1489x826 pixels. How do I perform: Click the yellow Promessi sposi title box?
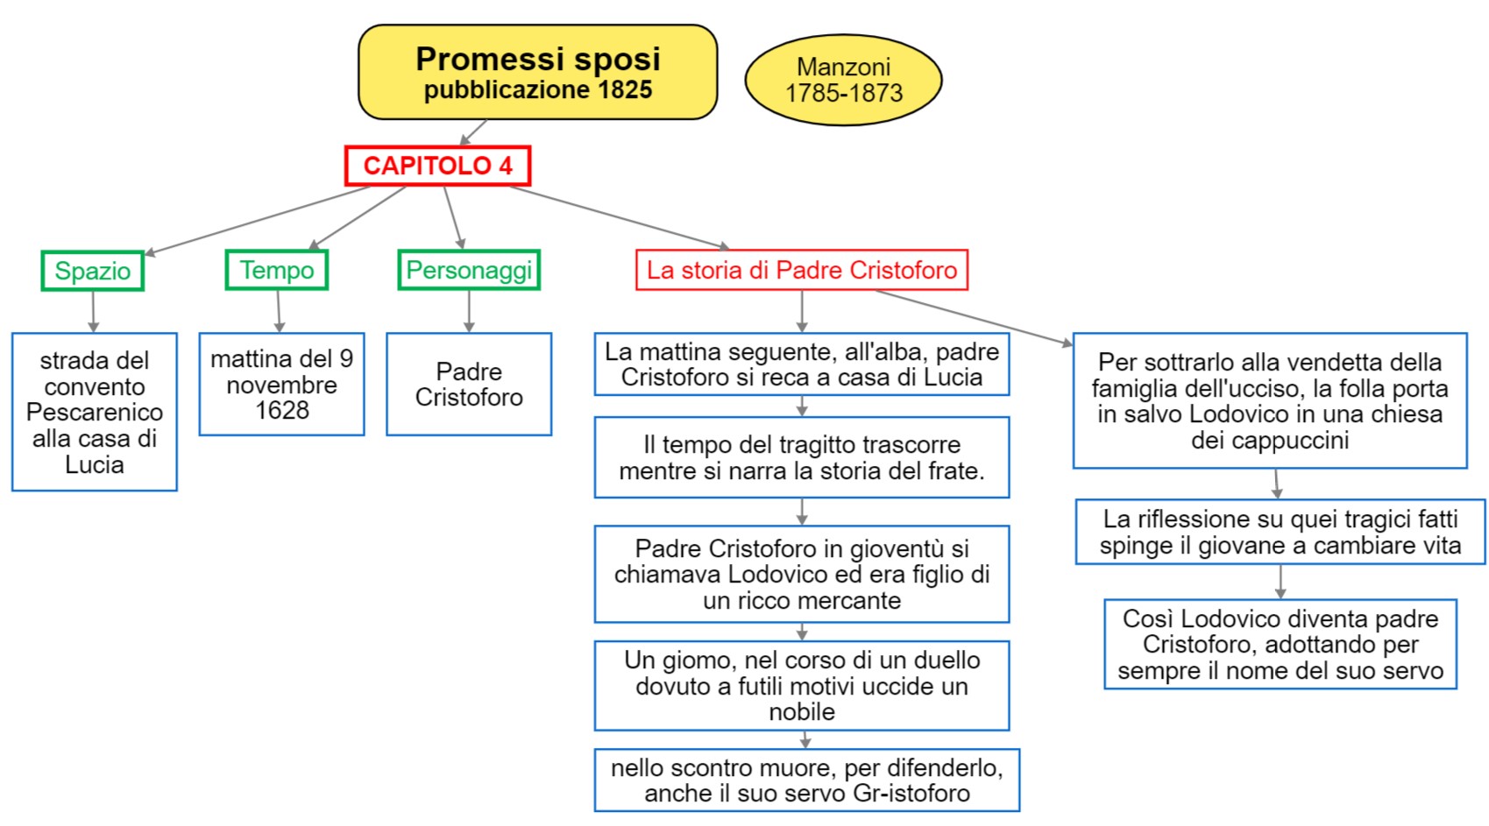[x=537, y=72]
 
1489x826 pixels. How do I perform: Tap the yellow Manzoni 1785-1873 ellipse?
[x=843, y=80]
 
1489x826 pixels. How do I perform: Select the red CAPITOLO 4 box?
[x=437, y=166]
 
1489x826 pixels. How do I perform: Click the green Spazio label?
[x=92, y=271]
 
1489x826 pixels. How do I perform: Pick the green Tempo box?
[x=277, y=270]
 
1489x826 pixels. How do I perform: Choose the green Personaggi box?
[x=469, y=270]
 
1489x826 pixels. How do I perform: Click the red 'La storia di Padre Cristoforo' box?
[x=801, y=270]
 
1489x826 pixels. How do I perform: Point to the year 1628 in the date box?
[x=281, y=411]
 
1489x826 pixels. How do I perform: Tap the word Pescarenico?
[x=95, y=413]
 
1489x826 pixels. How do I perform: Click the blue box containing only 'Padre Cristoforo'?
[x=469, y=385]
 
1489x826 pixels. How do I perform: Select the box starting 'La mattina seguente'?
[x=801, y=364]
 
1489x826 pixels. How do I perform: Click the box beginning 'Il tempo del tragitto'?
[x=801, y=457]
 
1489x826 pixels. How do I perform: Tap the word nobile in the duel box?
[x=801, y=712]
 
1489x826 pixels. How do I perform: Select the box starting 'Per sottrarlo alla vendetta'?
[x=1269, y=400]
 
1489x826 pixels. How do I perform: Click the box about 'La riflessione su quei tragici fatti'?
[x=1280, y=532]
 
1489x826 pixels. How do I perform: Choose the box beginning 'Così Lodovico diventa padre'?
[x=1280, y=645]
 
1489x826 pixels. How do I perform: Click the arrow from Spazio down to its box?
[x=93, y=311]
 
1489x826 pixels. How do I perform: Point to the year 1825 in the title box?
[x=625, y=90]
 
